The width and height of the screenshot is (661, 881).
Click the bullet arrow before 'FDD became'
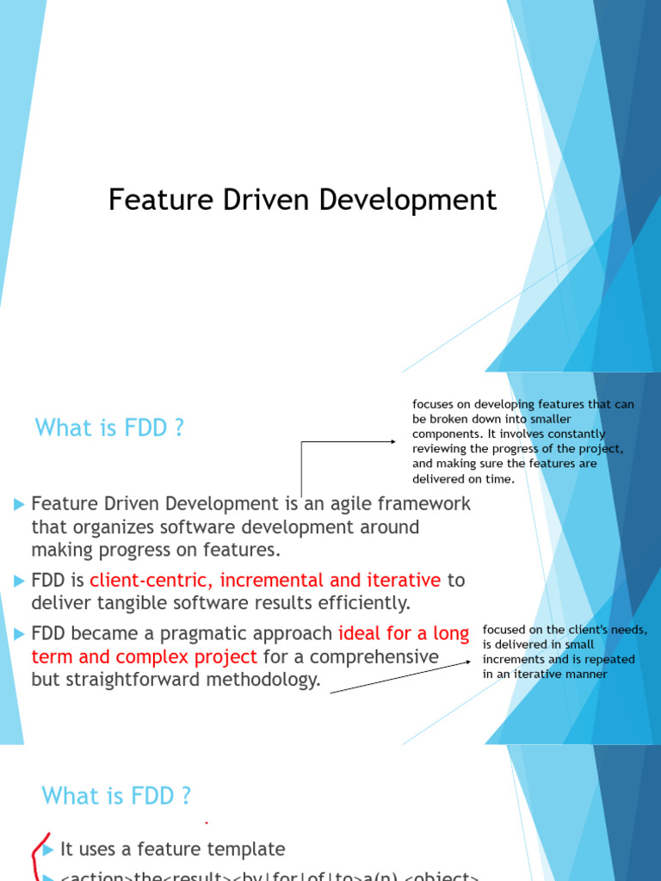[20, 634]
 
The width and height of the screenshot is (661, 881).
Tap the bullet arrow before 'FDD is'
[20, 581]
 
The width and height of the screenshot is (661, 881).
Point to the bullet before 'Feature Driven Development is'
[20, 504]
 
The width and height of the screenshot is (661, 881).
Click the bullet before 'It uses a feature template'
[48, 849]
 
